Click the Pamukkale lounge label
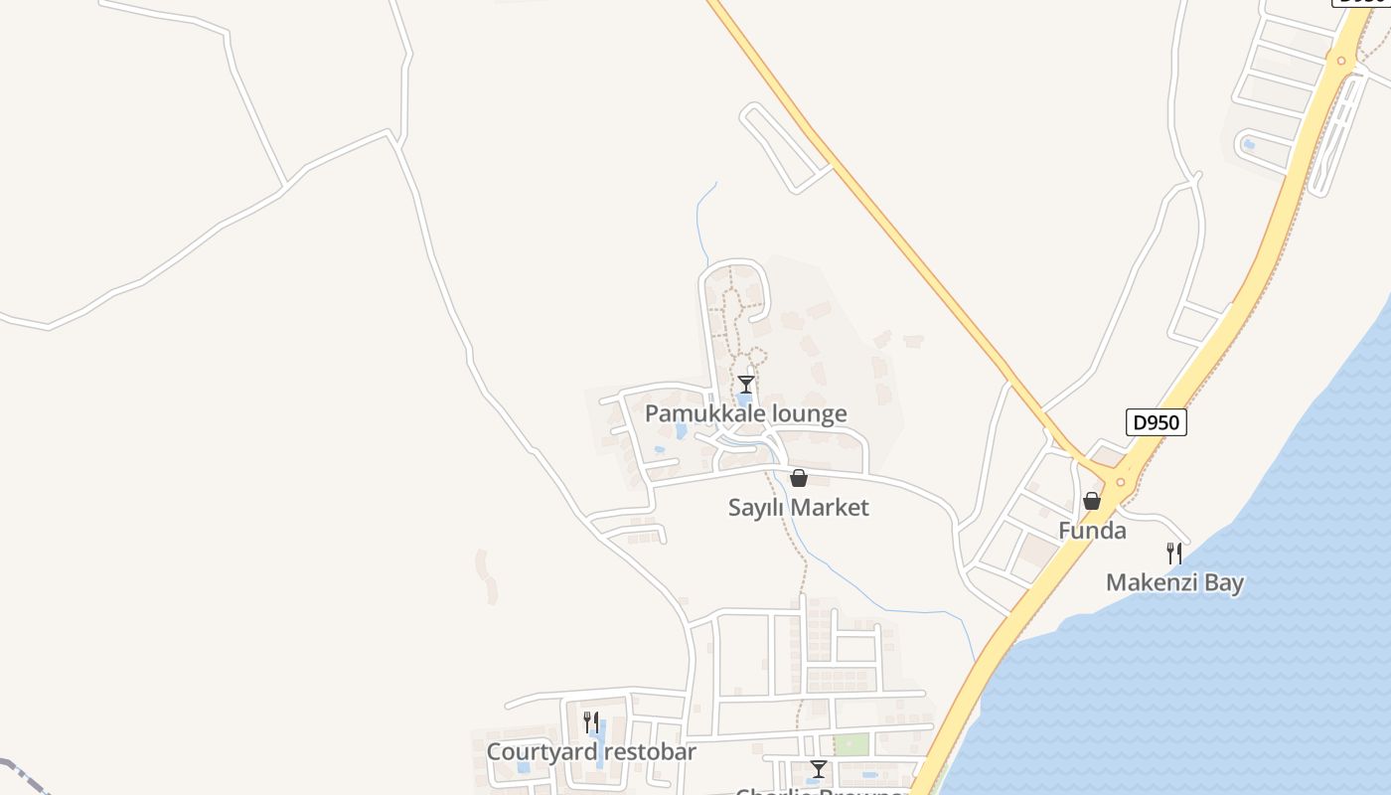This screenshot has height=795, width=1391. (x=745, y=413)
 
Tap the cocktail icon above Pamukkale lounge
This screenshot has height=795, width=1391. (x=746, y=384)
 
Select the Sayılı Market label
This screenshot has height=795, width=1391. (x=798, y=507)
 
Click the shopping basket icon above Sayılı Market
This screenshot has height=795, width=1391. (x=798, y=478)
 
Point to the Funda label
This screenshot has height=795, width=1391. (x=1092, y=530)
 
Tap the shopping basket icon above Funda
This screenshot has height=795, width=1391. (x=1091, y=501)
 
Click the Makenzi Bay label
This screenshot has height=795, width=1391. (x=1174, y=582)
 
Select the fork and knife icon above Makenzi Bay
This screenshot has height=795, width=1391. (x=1174, y=553)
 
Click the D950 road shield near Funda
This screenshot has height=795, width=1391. (x=1157, y=422)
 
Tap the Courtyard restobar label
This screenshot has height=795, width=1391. (x=591, y=751)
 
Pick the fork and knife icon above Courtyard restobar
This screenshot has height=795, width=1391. (x=591, y=721)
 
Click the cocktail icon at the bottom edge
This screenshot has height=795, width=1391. (x=818, y=768)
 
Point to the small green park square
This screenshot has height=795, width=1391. (x=850, y=744)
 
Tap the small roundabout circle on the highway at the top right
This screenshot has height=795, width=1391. (x=1341, y=61)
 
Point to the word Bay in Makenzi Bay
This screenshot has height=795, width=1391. (x=1224, y=582)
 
